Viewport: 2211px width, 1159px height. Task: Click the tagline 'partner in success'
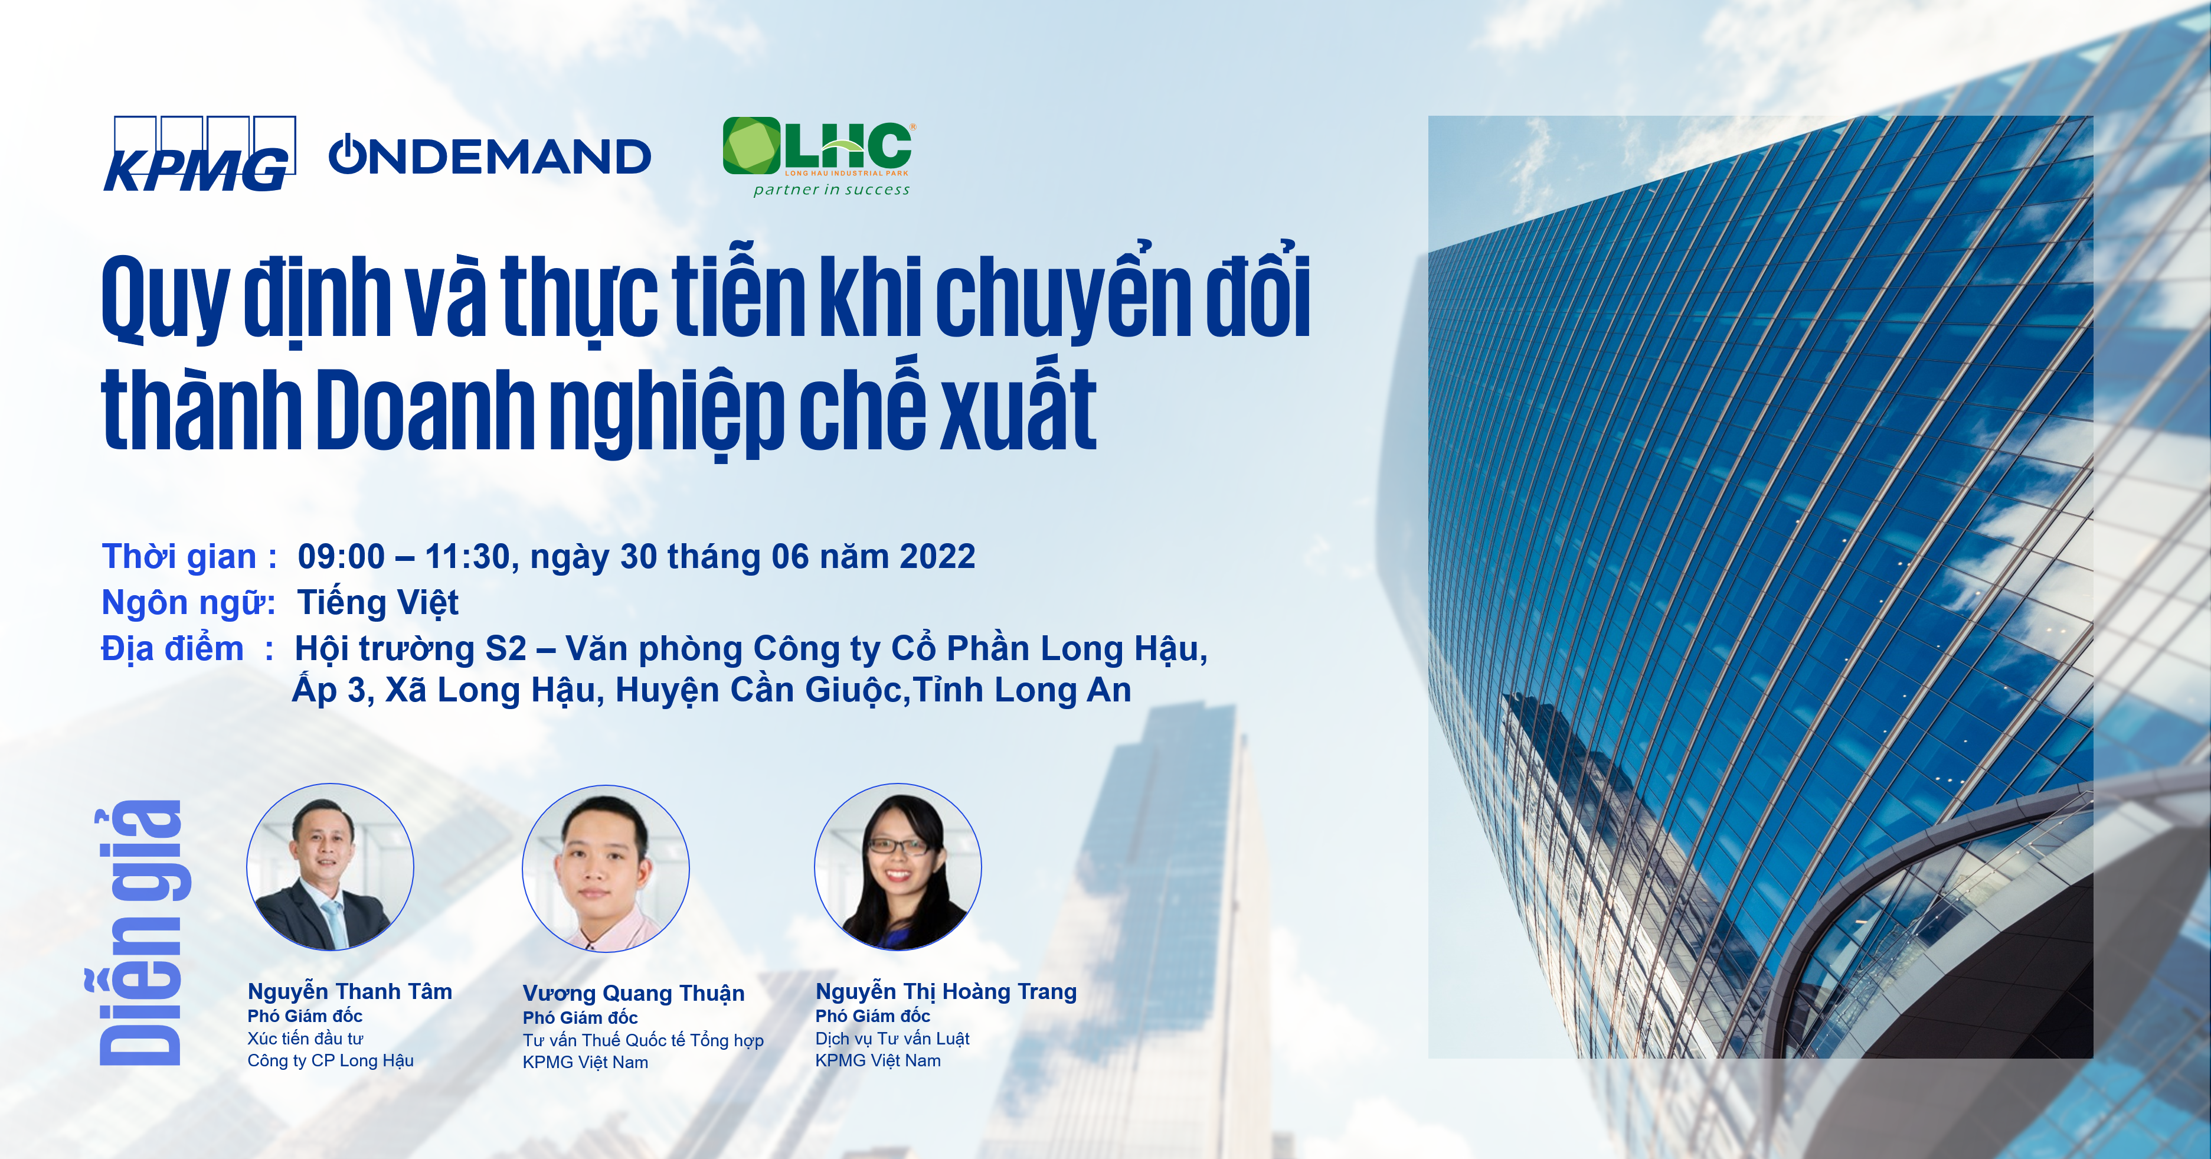(831, 190)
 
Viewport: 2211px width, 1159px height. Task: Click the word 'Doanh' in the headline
(425, 410)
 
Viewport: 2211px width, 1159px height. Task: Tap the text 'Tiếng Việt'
(378, 603)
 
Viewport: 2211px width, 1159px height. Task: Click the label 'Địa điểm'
(172, 648)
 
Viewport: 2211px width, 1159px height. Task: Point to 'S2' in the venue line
(506, 649)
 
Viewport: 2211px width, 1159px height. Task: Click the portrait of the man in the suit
(331, 867)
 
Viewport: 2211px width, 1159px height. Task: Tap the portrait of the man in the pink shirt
(606, 869)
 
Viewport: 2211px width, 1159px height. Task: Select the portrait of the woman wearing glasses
(898, 867)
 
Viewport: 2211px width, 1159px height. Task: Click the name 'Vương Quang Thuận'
(633, 993)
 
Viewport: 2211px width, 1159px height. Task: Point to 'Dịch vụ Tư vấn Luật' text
(892, 1039)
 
